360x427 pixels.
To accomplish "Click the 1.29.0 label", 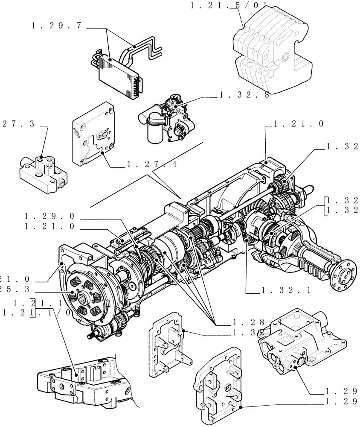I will pyautogui.click(x=51, y=217).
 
